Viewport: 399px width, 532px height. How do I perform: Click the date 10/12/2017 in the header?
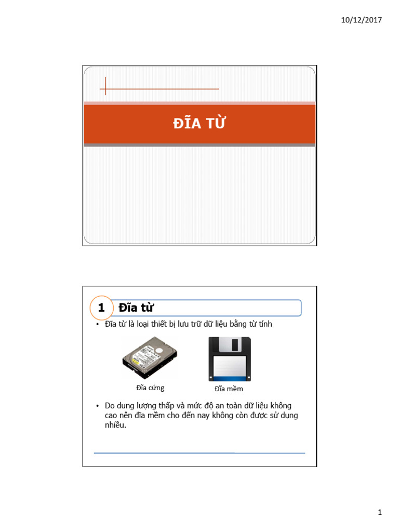tap(362, 20)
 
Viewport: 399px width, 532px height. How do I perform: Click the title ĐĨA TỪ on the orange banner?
tap(199, 124)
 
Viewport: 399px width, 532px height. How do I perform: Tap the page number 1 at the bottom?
tap(380, 513)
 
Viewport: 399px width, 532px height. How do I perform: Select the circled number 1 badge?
tap(101, 308)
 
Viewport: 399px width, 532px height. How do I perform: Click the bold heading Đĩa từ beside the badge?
tap(136, 308)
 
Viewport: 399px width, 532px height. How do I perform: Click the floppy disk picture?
tap(229, 359)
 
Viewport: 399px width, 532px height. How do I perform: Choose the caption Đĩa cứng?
tap(150, 388)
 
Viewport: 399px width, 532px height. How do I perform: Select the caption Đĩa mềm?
tap(229, 389)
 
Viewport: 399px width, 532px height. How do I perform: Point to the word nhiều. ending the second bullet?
tap(115, 425)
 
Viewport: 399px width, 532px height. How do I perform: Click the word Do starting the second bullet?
tap(110, 405)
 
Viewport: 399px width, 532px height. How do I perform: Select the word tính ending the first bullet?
tap(263, 324)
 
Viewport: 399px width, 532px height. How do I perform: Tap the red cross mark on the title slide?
tap(105, 86)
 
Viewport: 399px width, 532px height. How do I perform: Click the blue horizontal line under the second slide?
tap(199, 453)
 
